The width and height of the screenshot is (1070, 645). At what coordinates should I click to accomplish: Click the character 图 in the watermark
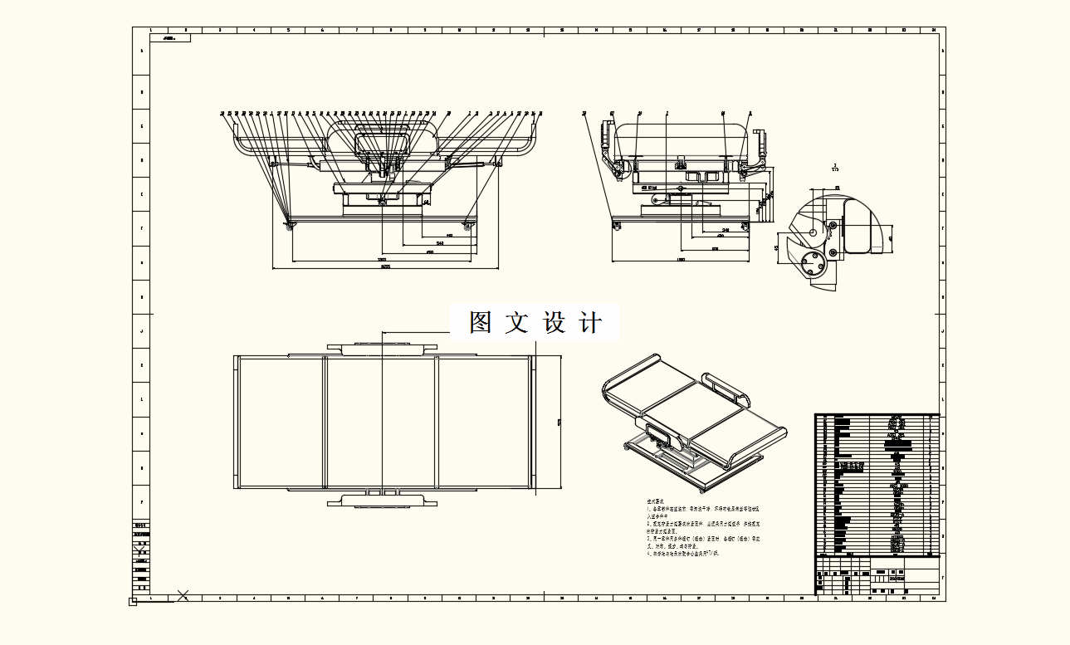tap(481, 322)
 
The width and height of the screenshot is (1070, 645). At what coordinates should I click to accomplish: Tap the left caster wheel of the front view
tap(290, 225)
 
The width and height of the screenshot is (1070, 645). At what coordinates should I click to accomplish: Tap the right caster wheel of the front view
tap(470, 225)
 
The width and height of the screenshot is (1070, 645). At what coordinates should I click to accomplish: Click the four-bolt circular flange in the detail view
tap(814, 266)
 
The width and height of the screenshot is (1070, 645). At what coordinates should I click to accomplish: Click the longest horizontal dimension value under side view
tap(681, 261)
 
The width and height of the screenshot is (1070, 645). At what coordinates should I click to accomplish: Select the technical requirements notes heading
tap(655, 502)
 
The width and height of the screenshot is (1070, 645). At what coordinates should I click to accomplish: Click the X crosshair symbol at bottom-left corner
tap(183, 594)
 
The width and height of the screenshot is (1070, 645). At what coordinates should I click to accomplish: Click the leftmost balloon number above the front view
tap(222, 113)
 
